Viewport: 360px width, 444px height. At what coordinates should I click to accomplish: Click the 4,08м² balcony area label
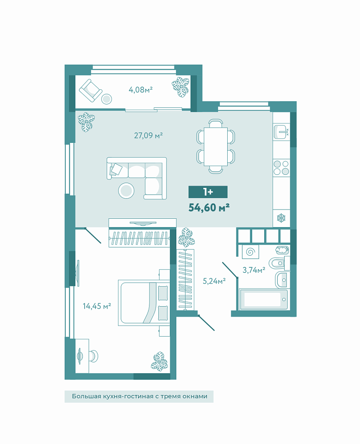[x=141, y=90]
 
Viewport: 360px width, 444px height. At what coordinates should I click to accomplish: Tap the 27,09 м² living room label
[x=148, y=136]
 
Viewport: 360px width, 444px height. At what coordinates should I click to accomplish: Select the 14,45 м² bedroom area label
[x=97, y=306]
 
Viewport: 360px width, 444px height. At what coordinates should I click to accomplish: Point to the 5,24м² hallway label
[x=214, y=281]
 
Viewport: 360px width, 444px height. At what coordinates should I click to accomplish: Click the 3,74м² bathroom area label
[x=254, y=270]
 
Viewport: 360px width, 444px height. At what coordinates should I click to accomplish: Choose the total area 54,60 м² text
[x=209, y=208]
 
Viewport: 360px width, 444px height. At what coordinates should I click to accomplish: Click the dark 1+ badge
[x=208, y=192]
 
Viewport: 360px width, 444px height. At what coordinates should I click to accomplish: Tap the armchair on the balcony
[x=90, y=90]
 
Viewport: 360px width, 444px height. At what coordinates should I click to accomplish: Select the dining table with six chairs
[x=216, y=147]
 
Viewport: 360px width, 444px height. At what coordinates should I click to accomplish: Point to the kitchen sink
[x=281, y=132]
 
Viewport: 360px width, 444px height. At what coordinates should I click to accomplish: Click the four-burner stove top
[x=281, y=167]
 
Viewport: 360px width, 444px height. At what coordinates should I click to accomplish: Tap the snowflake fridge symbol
[x=281, y=218]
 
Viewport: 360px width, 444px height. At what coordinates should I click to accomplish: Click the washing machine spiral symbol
[x=250, y=252]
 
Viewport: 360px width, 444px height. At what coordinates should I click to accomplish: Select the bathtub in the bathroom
[x=263, y=299]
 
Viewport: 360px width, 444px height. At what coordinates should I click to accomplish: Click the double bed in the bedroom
[x=144, y=302]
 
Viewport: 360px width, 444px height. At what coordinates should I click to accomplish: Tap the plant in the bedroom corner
[x=159, y=362]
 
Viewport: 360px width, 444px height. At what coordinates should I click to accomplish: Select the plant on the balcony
[x=180, y=87]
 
